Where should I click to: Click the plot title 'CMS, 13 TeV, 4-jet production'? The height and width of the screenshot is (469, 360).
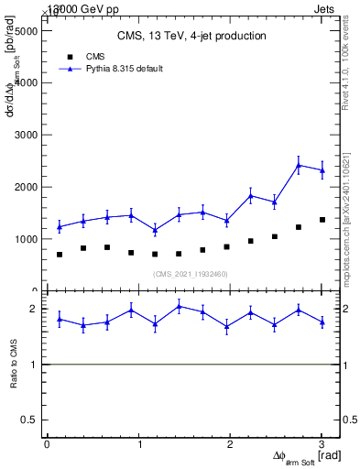(x=191, y=37)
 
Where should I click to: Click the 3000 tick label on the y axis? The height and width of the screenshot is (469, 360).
(x=24, y=135)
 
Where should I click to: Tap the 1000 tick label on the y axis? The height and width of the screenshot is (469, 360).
(x=24, y=239)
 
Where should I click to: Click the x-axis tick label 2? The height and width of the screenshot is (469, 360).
(x=230, y=444)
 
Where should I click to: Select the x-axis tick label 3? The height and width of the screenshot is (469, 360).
(x=322, y=444)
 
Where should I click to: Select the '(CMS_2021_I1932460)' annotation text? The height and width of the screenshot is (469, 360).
(x=191, y=274)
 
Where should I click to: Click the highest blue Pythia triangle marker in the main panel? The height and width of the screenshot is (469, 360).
(x=299, y=165)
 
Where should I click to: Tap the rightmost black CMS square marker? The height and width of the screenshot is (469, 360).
(x=322, y=220)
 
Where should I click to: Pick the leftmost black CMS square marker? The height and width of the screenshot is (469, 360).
(x=60, y=255)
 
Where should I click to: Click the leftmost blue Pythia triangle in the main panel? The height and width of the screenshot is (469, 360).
(x=60, y=226)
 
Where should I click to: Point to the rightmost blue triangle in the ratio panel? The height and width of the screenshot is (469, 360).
(x=322, y=322)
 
